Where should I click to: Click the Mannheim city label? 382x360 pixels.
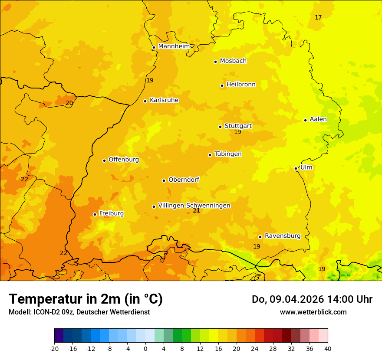(174, 46)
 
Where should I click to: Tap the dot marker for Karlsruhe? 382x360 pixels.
(145, 101)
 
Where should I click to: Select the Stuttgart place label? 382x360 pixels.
(238, 126)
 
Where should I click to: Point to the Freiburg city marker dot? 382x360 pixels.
(95, 214)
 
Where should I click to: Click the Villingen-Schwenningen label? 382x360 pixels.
(194, 206)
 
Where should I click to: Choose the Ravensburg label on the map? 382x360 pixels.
(283, 236)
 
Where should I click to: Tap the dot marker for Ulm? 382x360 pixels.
(296, 168)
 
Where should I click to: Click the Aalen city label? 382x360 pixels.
(318, 119)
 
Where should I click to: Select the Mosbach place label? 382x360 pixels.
(233, 61)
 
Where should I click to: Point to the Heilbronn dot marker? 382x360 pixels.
(222, 85)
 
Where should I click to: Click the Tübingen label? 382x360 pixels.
(228, 154)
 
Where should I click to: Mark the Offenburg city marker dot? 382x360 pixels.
(104, 160)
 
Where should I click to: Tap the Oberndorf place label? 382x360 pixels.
(184, 180)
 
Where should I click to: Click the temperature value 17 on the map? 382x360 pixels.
(318, 17)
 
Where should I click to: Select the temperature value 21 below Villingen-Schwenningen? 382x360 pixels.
(196, 210)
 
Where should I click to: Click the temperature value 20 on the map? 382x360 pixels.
(69, 103)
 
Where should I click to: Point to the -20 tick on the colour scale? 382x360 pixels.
(54, 348)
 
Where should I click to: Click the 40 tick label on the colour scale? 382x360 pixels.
(328, 348)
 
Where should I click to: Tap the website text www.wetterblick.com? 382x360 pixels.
(313, 312)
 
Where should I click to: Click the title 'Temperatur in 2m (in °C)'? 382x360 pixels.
(86, 299)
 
